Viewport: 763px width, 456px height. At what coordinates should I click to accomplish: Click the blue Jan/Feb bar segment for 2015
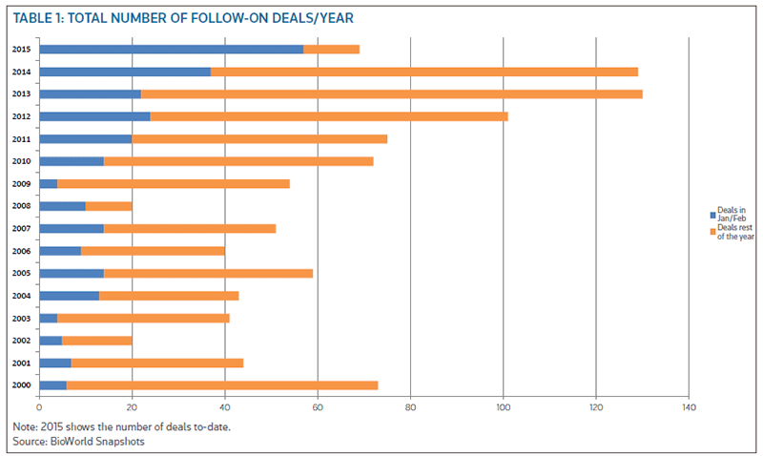171,49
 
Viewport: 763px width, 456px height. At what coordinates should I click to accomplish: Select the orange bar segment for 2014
424,72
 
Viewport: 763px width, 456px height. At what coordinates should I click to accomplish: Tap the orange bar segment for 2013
392,93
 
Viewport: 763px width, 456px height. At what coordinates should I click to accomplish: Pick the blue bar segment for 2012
94,116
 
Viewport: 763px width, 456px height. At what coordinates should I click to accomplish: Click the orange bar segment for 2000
222,385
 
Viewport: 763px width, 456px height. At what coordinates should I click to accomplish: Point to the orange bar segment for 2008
109,206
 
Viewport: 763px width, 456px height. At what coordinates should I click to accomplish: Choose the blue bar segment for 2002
51,341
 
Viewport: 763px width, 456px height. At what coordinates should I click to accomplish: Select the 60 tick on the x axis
318,407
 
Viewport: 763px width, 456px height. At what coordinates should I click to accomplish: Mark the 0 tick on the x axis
39,407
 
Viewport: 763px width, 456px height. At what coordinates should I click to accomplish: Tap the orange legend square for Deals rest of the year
712,232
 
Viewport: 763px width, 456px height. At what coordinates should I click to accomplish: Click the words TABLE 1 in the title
39,18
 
